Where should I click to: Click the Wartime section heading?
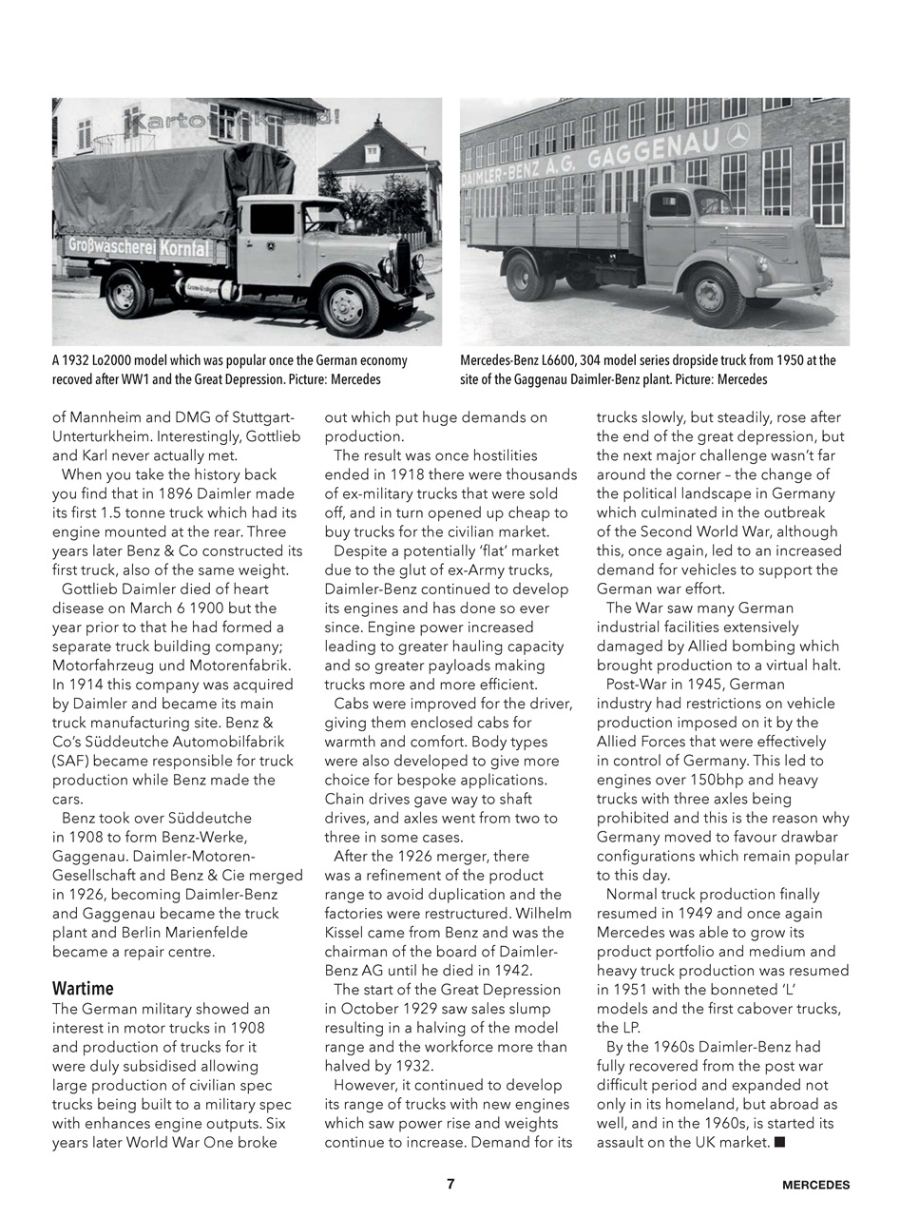83,988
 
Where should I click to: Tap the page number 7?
450,1184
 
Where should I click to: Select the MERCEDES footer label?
815,1185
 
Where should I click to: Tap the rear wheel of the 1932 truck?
125,292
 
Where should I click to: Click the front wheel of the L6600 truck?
713,295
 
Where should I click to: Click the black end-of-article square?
779,1142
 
